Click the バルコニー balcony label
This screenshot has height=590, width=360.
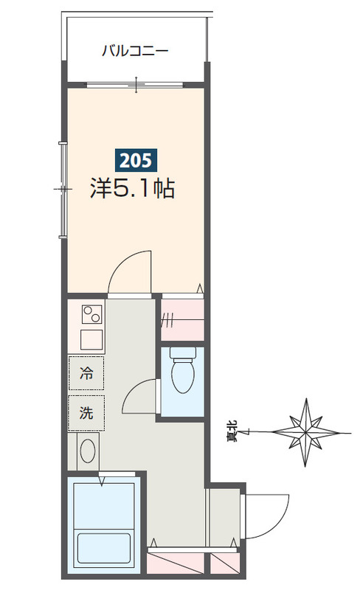click(135, 52)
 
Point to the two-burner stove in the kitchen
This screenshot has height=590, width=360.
click(93, 315)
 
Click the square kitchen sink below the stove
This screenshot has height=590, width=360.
click(92, 341)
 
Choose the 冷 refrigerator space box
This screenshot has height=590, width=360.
click(86, 374)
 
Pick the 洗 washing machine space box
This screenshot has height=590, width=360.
click(86, 414)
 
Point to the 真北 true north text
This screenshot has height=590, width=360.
click(231, 431)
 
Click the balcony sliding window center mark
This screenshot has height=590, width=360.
click(136, 85)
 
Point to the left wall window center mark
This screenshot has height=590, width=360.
click(62, 190)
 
